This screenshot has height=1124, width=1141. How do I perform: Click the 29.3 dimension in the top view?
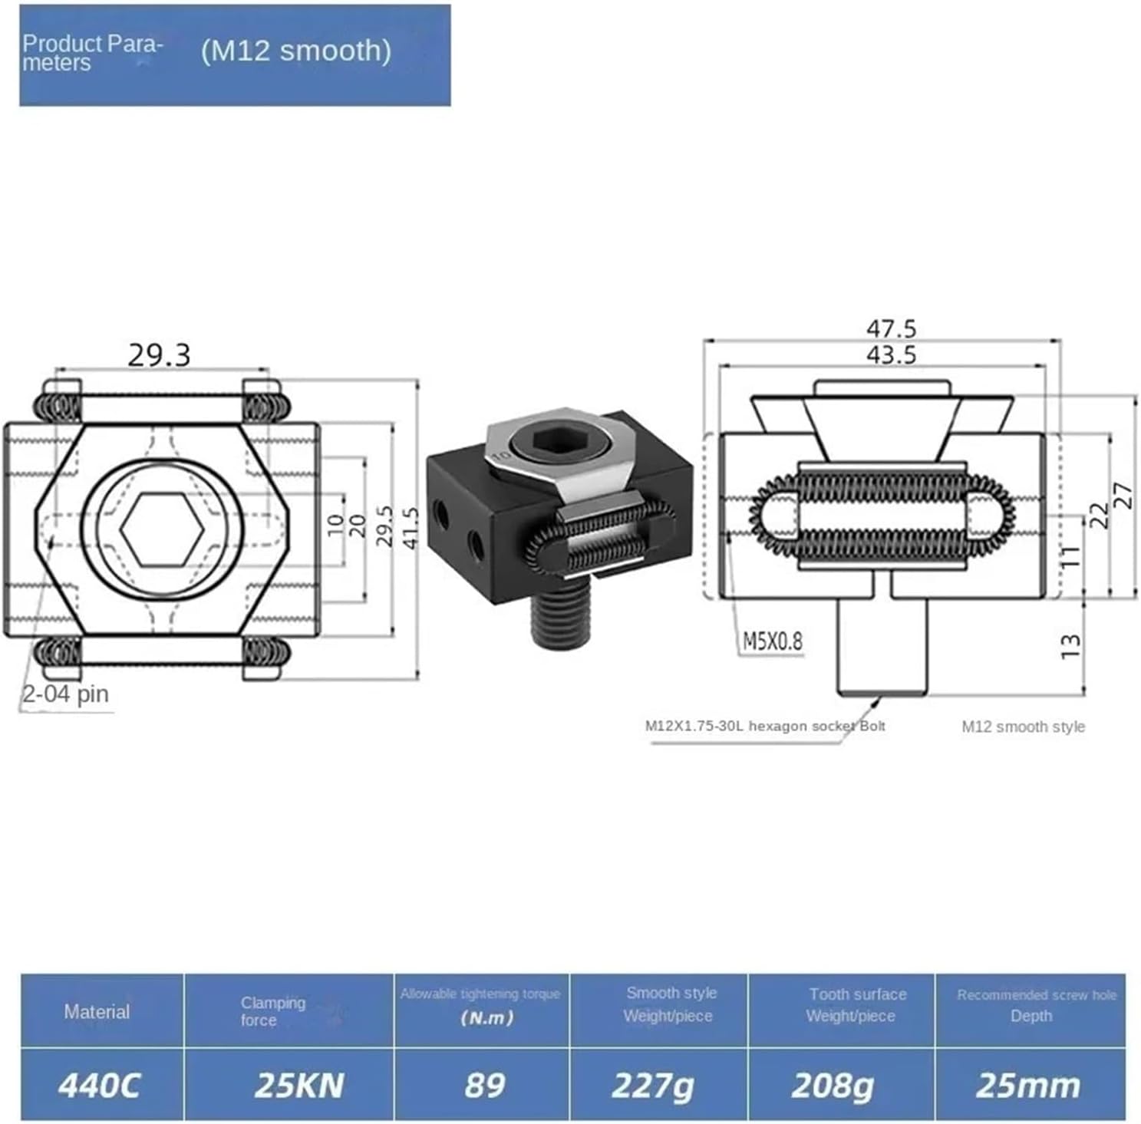pos(159,355)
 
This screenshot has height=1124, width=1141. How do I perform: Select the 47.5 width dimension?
pos(891,328)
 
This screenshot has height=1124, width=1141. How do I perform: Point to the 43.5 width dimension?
pos(891,354)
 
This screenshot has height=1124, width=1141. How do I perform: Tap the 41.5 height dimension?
pos(411,527)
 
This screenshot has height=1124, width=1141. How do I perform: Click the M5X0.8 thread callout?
pos(772,641)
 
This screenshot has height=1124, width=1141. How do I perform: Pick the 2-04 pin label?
pos(65,694)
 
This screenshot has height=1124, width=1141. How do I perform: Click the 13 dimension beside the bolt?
pos(1070,646)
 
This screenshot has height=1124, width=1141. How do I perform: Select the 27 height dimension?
pos(1122,494)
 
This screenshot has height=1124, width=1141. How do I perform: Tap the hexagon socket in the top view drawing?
pos(162,529)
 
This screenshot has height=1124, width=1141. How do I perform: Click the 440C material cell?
pos(100,1085)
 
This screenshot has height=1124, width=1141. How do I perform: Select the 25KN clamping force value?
pos(298,1085)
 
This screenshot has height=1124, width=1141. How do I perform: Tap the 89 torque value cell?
pos(484,1085)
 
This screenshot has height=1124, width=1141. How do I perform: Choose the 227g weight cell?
pos(652,1085)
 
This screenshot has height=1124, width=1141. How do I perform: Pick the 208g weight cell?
pos(833,1085)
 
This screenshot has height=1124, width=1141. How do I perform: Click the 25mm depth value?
pos(1027,1085)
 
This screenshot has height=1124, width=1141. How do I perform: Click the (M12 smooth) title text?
pos(295,51)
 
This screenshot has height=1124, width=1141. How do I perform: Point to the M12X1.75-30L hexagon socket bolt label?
pos(765,725)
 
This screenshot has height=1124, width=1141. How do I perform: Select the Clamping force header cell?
pos(272,1010)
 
